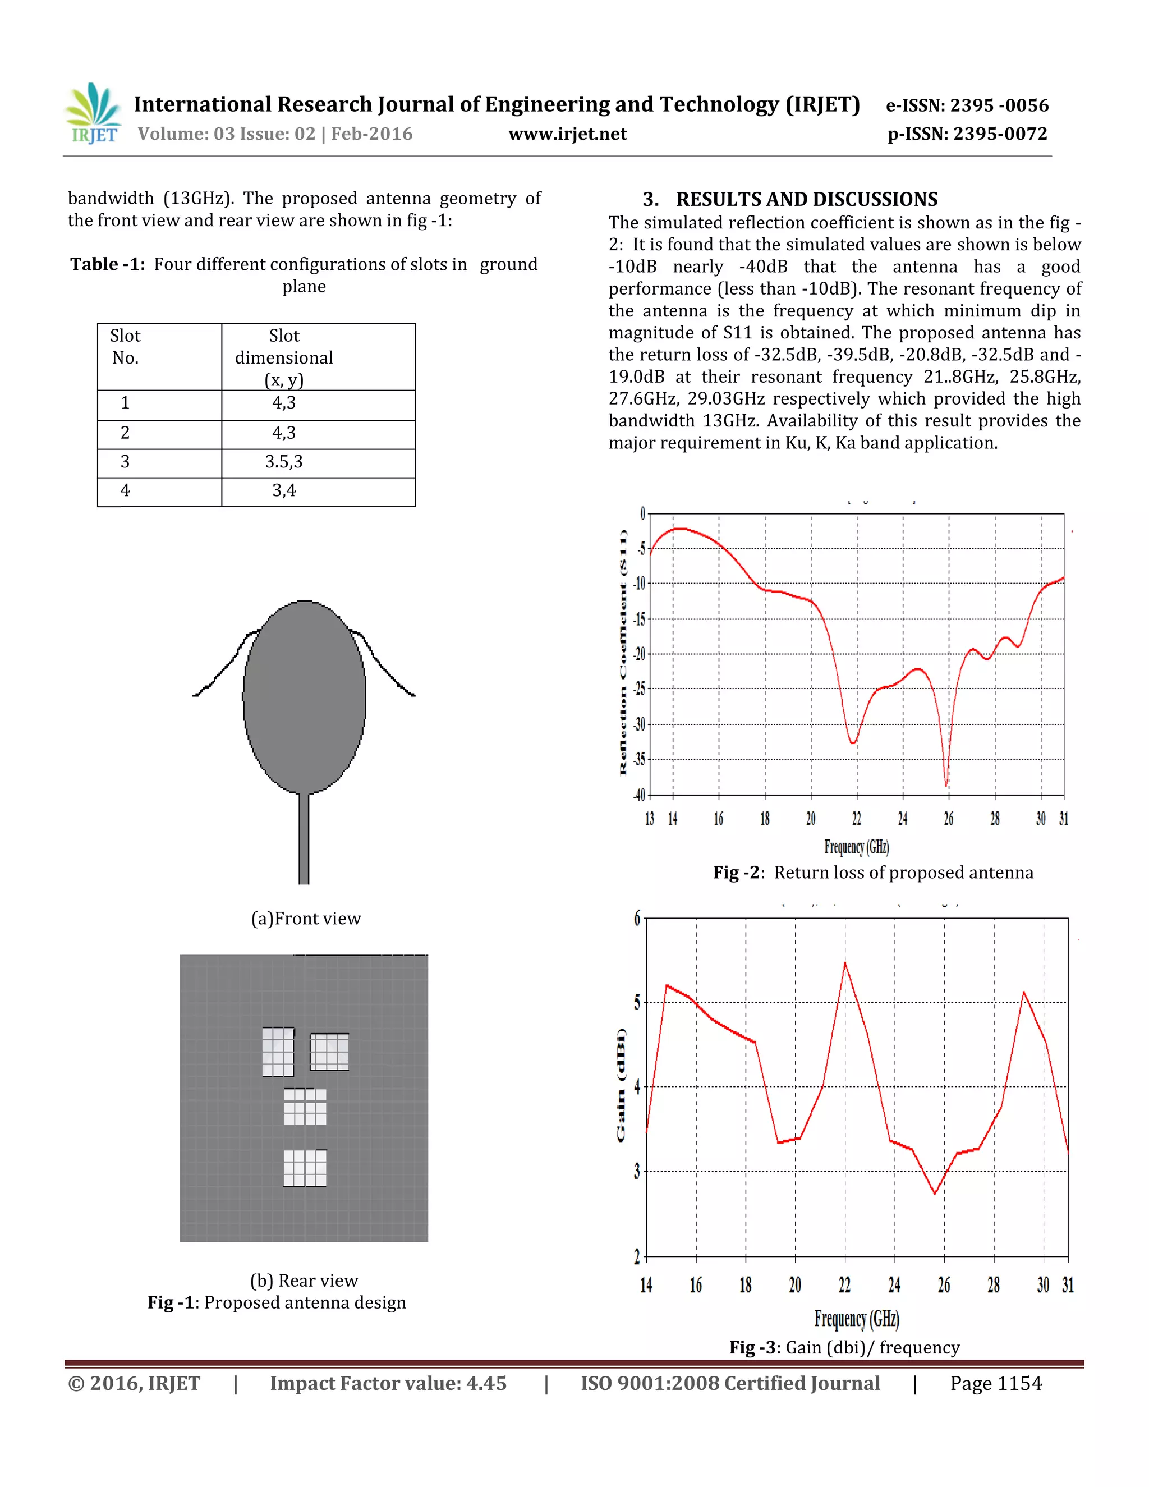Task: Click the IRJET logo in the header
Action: [93, 113]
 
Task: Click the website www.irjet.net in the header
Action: [567, 134]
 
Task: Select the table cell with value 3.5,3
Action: [284, 462]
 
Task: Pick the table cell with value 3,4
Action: [284, 490]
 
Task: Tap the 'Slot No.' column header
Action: [126, 347]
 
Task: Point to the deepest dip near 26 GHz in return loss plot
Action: [946, 784]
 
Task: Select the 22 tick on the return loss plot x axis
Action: [856, 818]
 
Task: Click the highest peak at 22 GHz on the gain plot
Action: [845, 963]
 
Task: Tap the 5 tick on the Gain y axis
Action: [637, 1002]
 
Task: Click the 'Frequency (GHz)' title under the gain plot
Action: [856, 1319]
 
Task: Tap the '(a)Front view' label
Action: [306, 919]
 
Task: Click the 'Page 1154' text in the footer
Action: [995, 1384]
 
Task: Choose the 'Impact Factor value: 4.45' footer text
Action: [388, 1384]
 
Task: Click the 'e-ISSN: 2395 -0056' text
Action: [967, 105]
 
